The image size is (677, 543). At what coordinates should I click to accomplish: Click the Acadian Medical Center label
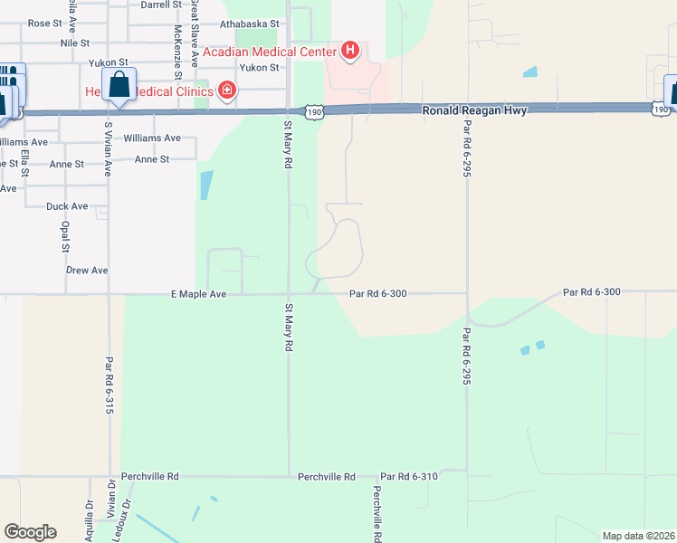(269, 52)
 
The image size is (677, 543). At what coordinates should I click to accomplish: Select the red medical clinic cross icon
(225, 90)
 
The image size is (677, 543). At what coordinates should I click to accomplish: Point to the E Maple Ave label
(198, 294)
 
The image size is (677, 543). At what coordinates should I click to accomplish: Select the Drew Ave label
(87, 271)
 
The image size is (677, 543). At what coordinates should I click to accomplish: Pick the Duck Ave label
(67, 206)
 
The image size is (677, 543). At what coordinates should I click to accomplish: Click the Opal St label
(64, 238)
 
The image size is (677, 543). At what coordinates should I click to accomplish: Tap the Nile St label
(74, 43)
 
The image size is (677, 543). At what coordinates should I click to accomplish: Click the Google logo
(30, 532)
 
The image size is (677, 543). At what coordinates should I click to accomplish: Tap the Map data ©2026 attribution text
(637, 536)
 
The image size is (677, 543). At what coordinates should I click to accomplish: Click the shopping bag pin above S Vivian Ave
(119, 86)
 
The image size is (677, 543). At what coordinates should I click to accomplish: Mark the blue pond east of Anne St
(206, 186)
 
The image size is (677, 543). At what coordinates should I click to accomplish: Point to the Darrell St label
(161, 5)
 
